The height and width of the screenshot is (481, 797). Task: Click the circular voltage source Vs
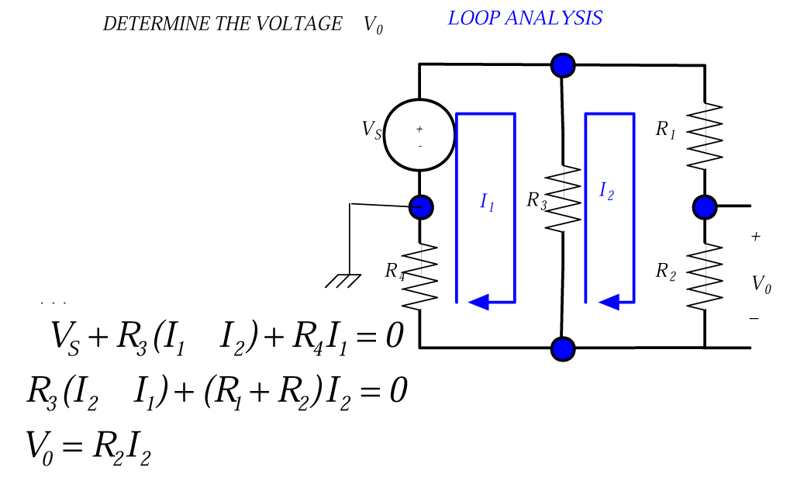click(419, 135)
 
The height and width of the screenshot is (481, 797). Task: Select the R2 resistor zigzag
click(705, 275)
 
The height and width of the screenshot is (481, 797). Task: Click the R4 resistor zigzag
click(420, 275)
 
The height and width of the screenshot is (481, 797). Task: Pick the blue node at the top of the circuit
click(563, 65)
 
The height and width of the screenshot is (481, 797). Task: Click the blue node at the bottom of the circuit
click(563, 348)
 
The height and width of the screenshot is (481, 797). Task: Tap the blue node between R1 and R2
click(705, 207)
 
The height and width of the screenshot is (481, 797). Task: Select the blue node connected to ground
click(420, 207)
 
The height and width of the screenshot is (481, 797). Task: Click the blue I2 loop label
click(606, 191)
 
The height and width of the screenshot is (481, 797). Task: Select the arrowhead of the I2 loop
click(609, 301)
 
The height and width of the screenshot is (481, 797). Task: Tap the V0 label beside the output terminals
click(761, 285)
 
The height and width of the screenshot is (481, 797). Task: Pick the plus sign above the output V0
click(756, 237)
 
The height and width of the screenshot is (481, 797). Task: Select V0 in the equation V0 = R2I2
click(40, 447)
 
